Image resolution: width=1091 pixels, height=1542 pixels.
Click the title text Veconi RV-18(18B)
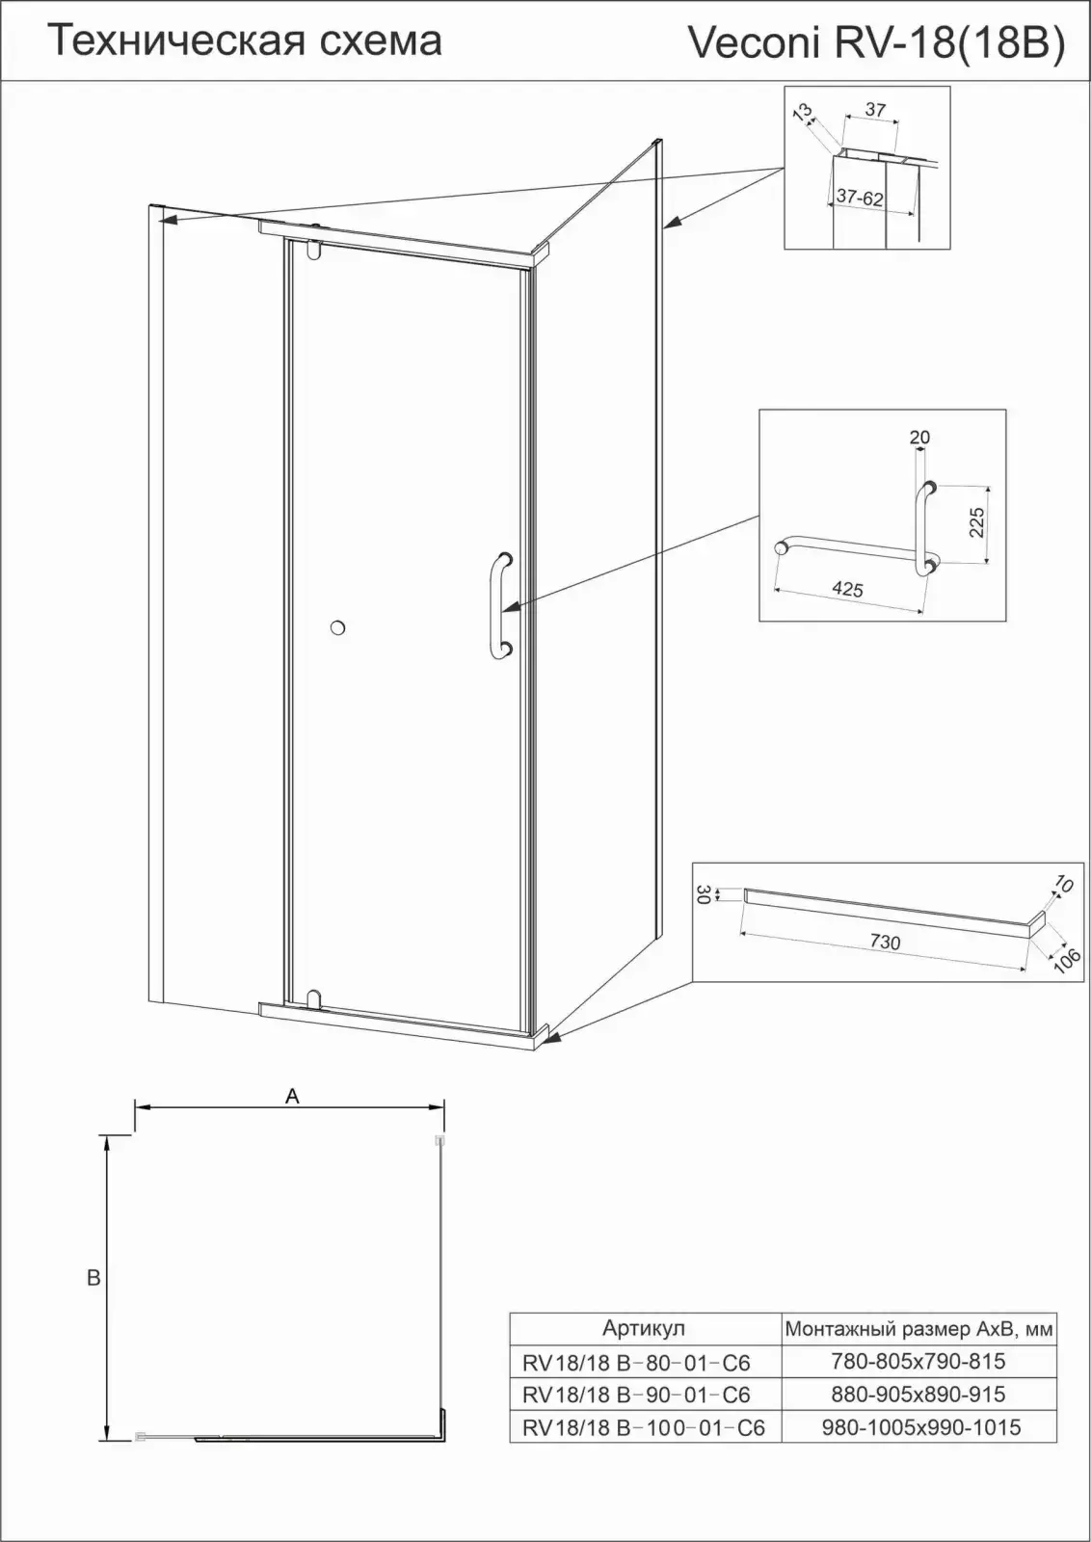click(877, 43)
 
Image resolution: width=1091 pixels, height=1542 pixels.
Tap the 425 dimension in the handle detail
click(847, 589)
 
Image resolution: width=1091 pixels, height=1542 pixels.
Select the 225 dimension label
click(976, 522)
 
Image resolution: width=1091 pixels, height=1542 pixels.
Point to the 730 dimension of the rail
click(885, 941)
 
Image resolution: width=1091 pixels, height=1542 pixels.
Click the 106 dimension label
click(1068, 960)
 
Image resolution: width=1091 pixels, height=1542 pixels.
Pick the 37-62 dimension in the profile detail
click(860, 198)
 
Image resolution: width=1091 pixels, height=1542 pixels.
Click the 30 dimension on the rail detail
click(703, 895)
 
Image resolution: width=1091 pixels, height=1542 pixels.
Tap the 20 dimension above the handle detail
click(919, 438)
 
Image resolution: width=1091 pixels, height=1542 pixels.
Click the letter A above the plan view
click(293, 1096)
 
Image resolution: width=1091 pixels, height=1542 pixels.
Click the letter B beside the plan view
click(93, 1278)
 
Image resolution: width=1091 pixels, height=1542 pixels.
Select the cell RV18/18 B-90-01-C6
click(636, 1395)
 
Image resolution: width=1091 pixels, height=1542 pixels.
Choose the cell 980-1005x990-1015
click(921, 1427)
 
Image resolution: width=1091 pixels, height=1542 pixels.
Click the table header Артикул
click(644, 1328)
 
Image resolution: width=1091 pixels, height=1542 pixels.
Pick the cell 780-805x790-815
click(918, 1361)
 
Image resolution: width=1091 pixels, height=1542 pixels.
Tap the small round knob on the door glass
click(337, 627)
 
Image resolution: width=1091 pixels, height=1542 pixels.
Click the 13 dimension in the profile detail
click(803, 112)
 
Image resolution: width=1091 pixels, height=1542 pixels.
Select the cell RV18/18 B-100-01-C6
click(644, 1427)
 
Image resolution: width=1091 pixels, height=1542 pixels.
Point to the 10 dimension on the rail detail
click(1063, 884)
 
